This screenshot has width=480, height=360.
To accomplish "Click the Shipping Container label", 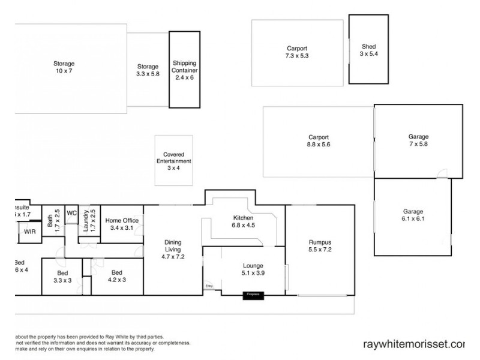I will pos(185,70).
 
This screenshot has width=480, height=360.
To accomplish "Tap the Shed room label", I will pos(368,50).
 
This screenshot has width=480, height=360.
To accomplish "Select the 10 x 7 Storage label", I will pos(63,67).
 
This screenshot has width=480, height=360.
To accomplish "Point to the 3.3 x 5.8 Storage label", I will pos(148,70).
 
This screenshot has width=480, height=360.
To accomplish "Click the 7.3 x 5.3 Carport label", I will pos(297,52).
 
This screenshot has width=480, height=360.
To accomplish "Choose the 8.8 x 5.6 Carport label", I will pos(319,140).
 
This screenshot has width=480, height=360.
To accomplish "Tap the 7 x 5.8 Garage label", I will pos(418,140).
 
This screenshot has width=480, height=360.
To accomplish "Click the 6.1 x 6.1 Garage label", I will pos(413,215).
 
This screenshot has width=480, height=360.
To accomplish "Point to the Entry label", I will pos(209,286).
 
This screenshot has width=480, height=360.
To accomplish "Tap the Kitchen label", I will pos(243,221).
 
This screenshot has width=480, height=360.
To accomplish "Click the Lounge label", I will pos(253,269).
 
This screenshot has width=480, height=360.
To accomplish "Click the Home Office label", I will pos(122,224).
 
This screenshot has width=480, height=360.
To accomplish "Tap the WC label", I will pos(71,212).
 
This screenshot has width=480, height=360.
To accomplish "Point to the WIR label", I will pos(29,232).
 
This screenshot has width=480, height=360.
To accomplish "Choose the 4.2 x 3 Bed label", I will pos(116,276).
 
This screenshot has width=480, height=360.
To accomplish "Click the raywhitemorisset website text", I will pos(414,344).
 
